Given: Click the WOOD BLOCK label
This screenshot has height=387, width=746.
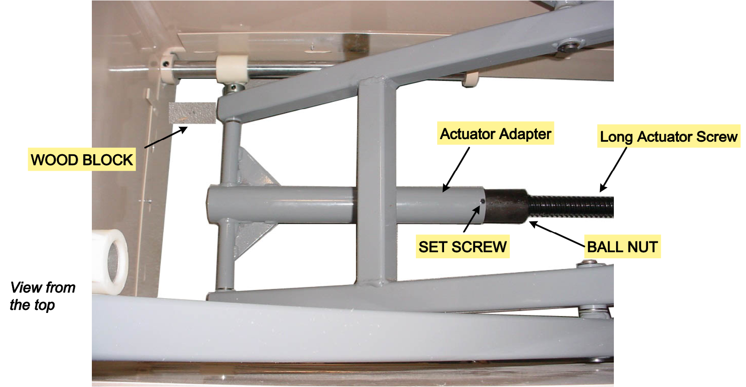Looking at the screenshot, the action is click(82, 159).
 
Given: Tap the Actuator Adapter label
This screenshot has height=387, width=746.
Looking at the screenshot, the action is click(496, 133).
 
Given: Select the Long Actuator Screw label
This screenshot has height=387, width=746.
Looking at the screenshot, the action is click(668, 137).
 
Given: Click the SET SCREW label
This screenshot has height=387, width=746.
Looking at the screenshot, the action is click(462, 247).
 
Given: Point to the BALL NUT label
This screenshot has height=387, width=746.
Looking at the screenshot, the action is click(622, 247).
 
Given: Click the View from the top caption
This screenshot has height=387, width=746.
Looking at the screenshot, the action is click(42, 296).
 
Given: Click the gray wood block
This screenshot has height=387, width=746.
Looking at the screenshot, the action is click(192, 113).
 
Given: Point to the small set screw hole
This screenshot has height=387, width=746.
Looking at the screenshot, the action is click(482, 201).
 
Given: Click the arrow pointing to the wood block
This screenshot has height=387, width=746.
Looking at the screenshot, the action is click(166, 137).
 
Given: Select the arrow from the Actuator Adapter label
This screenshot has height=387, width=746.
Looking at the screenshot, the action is click(456, 169).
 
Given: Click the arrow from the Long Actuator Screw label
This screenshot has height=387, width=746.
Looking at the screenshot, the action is click(613, 169).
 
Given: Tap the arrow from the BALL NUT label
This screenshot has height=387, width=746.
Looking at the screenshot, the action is click(557, 234).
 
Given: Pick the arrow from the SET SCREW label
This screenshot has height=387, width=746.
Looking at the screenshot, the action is click(472, 219).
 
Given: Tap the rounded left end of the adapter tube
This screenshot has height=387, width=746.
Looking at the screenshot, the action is click(211, 205).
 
